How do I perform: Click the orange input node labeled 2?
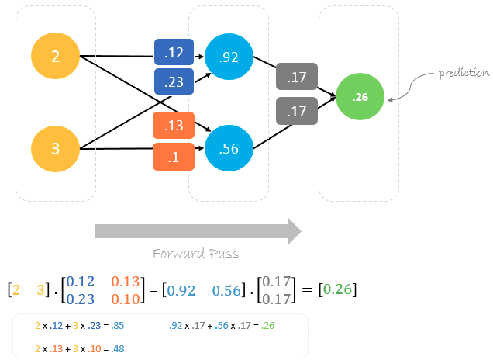click(x=55, y=56)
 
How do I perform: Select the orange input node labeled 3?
click(x=55, y=147)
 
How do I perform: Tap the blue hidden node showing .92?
click(x=229, y=56)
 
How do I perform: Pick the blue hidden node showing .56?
click(x=229, y=147)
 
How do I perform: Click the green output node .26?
click(x=360, y=97)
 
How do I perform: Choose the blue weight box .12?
click(x=174, y=53)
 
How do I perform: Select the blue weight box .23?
click(x=174, y=80)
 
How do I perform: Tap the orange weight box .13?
click(x=174, y=125)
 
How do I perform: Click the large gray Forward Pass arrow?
click(x=198, y=231)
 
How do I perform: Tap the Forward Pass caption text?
click(x=195, y=254)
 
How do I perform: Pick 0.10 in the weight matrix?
click(x=126, y=299)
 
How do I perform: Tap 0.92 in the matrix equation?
click(x=183, y=290)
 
